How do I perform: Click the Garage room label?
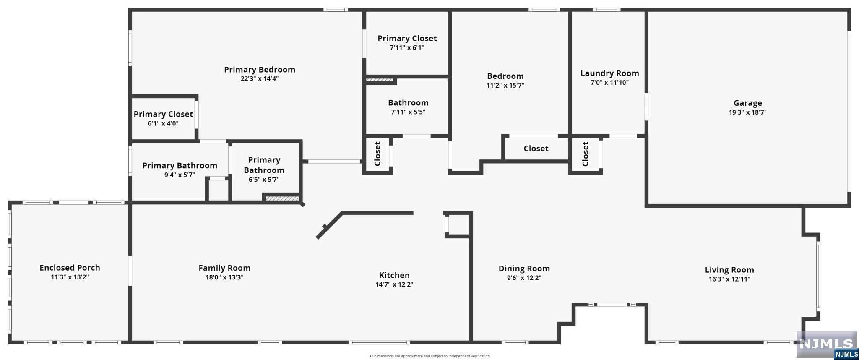[x=747, y=103]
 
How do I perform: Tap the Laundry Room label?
[x=609, y=73]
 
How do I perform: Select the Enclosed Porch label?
[x=70, y=267]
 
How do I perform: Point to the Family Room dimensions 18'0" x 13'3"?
[x=224, y=277]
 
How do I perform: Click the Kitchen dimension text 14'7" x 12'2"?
[x=394, y=284]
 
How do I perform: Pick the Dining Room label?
[x=524, y=269]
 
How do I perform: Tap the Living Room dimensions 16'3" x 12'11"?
[x=729, y=279]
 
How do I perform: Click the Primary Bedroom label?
[x=260, y=70]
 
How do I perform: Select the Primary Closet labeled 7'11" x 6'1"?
[x=407, y=38]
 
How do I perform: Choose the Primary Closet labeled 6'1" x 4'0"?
[x=163, y=114]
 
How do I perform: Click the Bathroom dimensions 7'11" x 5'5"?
[x=408, y=112]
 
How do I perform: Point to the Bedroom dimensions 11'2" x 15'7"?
[x=505, y=86]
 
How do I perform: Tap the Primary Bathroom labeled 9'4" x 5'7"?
[x=180, y=166]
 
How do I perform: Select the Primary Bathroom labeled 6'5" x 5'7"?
[x=264, y=165]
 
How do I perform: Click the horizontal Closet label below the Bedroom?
[x=536, y=149]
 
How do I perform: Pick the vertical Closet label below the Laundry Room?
[x=586, y=154]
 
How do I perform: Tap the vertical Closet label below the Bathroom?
[x=377, y=154]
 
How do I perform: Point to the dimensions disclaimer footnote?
[x=429, y=356]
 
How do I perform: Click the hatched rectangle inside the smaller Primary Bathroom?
[x=282, y=198]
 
